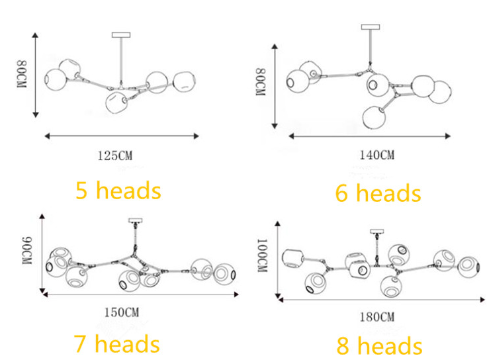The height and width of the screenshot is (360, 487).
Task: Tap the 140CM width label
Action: point(377,156)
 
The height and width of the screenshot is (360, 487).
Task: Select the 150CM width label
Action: point(122,312)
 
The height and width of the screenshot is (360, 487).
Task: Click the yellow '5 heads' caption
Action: point(118,191)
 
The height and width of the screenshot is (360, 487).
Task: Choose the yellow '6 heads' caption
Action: point(378,193)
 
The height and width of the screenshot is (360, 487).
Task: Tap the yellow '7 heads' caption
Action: point(116,344)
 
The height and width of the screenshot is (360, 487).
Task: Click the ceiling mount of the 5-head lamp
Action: point(122,34)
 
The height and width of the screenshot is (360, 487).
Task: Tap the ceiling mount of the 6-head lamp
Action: point(371,27)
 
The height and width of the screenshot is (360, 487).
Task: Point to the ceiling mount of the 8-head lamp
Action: point(378,232)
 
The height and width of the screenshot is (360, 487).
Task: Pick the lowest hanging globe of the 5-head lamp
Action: point(117,103)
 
